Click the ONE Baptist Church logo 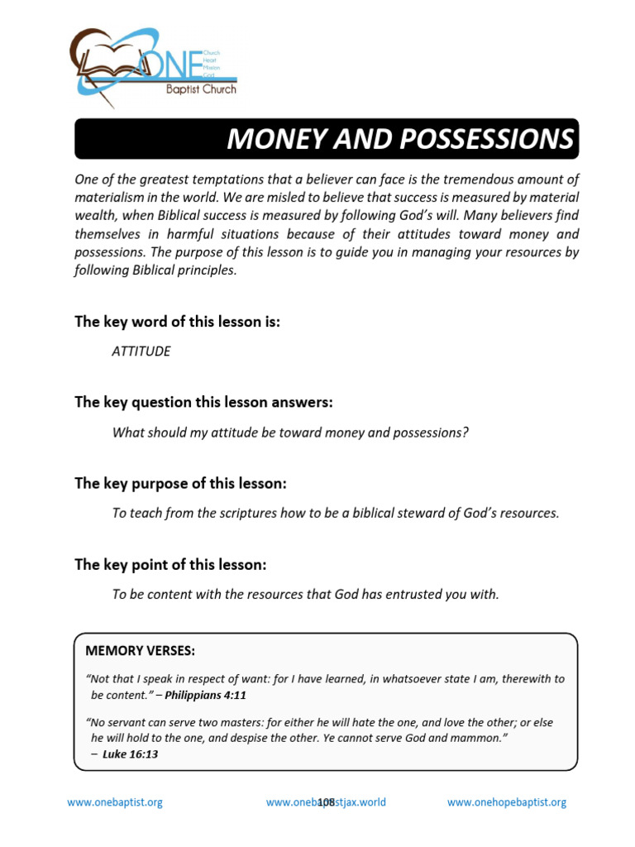pos(154,67)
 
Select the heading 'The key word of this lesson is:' pos(177,322)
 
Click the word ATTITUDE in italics pos(141,352)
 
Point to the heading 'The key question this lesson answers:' pos(203,402)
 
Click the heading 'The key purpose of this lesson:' pos(180,483)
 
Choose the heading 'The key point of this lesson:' pos(170,565)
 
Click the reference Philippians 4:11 pos(206,695)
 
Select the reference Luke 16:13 pos(131,754)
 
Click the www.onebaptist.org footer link pos(114,802)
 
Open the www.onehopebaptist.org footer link pos(506,802)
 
